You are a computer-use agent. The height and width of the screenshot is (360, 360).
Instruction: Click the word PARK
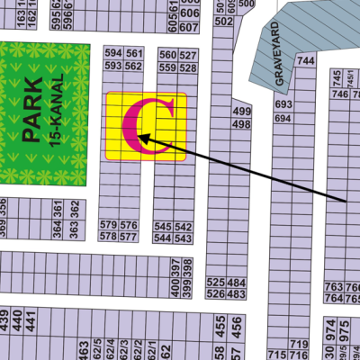pos(33,111)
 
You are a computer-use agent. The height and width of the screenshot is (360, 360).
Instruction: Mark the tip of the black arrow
pos(139,138)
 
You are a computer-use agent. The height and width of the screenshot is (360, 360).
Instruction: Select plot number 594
pos(113,54)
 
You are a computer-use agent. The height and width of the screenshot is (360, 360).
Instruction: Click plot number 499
pos(241,112)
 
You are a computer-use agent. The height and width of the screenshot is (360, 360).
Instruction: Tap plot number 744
pos(306,60)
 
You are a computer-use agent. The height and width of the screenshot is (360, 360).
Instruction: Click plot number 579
pos(108,224)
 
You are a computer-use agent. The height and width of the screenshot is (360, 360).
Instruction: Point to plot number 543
pos(183,238)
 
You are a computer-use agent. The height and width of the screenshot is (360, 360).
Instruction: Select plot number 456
pos(237,335)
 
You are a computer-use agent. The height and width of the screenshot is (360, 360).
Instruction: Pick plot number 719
pos(298,345)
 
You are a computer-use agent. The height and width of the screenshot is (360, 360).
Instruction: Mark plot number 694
pos(282,118)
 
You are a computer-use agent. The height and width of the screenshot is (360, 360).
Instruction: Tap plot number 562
pos(133,66)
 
